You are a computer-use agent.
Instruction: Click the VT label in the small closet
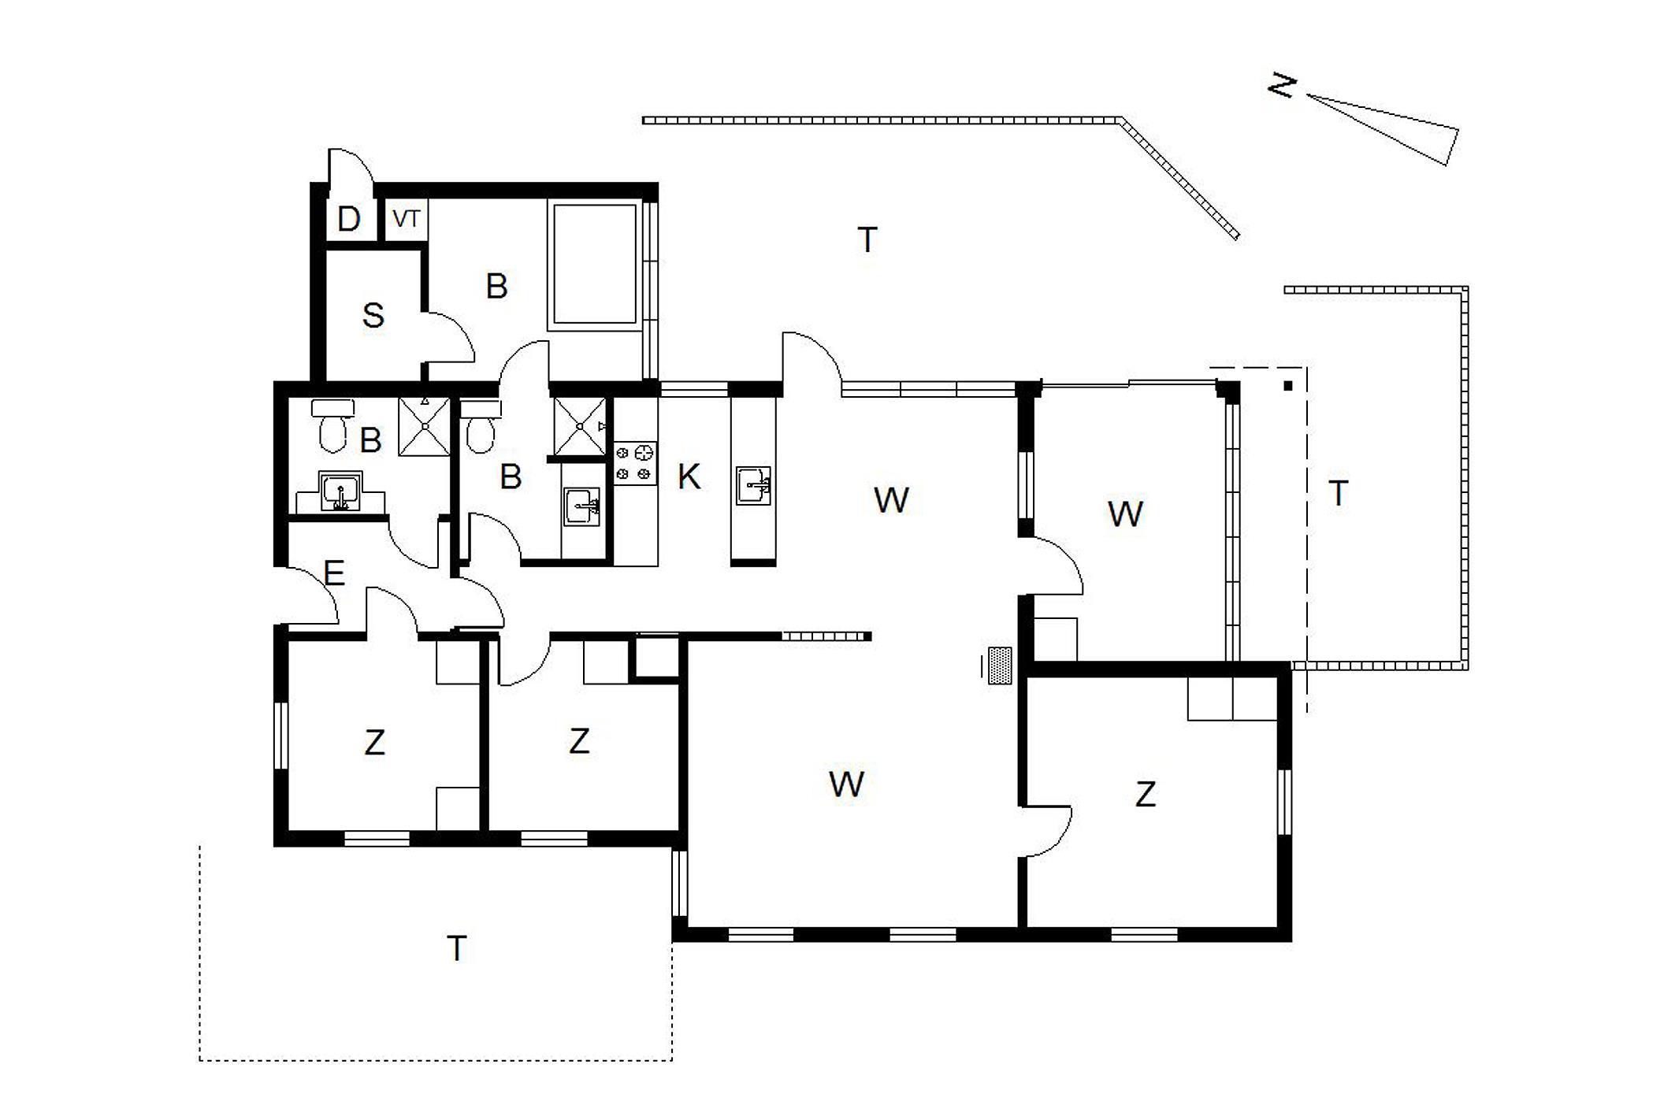click(x=407, y=219)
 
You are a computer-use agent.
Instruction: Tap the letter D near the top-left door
click(x=348, y=219)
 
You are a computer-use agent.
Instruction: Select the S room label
click(x=373, y=316)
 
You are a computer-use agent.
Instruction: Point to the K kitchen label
click(x=689, y=476)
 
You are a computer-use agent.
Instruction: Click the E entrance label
click(x=334, y=573)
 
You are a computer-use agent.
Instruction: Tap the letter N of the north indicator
click(x=1282, y=85)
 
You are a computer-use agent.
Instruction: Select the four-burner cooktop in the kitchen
click(x=635, y=463)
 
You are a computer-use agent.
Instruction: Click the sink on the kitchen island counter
click(x=753, y=485)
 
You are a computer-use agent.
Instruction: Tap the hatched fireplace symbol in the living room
click(x=999, y=666)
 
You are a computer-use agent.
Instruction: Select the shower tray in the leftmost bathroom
click(x=424, y=427)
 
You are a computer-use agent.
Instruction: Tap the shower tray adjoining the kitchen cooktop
click(x=580, y=426)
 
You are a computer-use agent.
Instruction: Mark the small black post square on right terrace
click(x=1288, y=386)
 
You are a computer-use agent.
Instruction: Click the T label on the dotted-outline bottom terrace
click(x=457, y=948)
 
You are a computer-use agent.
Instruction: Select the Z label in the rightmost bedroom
click(x=1146, y=794)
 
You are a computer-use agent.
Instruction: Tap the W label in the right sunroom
click(x=1125, y=514)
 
